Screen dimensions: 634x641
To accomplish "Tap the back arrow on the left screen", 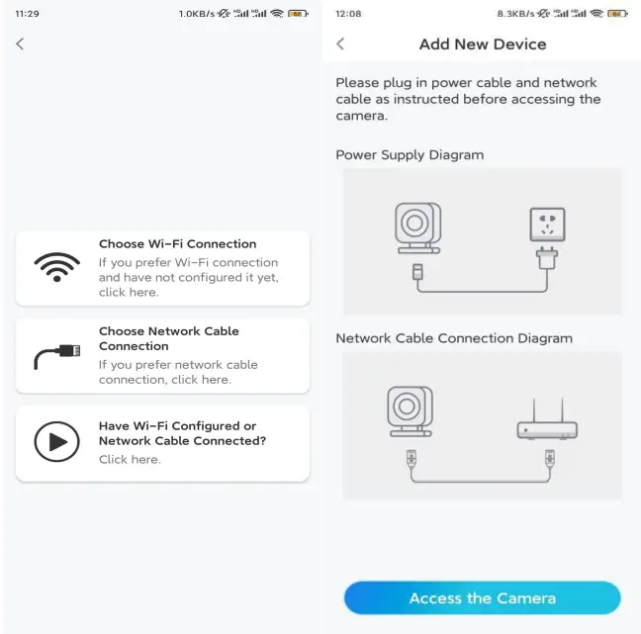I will point(20,44).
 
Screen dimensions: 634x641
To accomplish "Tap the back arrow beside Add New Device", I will point(340,44).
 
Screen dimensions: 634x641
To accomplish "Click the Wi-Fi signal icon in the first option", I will point(57,267).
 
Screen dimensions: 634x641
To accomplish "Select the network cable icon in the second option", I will point(57,355).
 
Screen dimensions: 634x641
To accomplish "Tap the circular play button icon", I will point(56,442).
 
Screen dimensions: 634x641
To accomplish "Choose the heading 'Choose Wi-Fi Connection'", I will point(177,243).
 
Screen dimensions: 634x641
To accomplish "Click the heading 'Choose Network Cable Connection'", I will point(169,338).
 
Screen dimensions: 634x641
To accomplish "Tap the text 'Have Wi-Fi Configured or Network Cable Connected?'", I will point(182,433).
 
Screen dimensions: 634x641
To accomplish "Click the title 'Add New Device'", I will point(483,44).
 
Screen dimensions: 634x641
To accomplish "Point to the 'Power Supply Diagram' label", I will point(410,155).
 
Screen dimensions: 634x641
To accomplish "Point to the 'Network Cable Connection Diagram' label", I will point(454,338).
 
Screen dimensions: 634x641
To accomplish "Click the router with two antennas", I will point(547,423).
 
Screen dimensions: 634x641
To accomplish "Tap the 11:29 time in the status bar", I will point(28,14).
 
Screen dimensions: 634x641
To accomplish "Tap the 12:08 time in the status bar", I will point(349,14).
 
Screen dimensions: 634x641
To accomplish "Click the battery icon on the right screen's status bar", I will point(617,14).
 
